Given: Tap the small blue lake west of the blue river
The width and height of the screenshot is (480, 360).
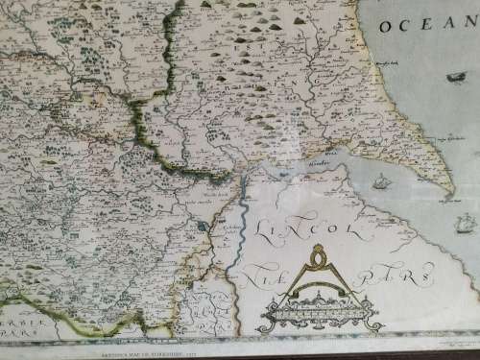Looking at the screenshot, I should tap(204, 226).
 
